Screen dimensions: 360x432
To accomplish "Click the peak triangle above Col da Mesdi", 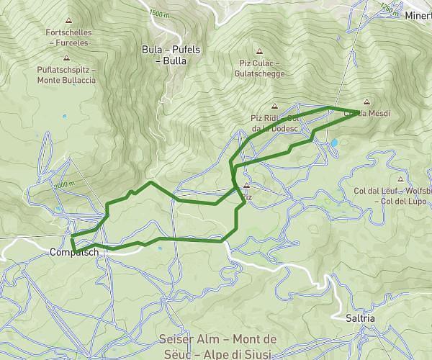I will point(368,102).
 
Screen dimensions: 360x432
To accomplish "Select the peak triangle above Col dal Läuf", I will point(401,180).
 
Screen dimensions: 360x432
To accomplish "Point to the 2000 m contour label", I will point(63,185).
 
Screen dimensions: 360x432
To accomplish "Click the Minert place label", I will point(418,15).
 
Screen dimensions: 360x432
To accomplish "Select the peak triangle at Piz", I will point(246,184).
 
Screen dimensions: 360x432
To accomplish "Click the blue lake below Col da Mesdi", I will point(334,143).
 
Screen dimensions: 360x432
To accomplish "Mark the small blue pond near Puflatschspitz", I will point(64,116).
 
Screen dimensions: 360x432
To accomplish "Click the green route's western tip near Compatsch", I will point(72,236).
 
